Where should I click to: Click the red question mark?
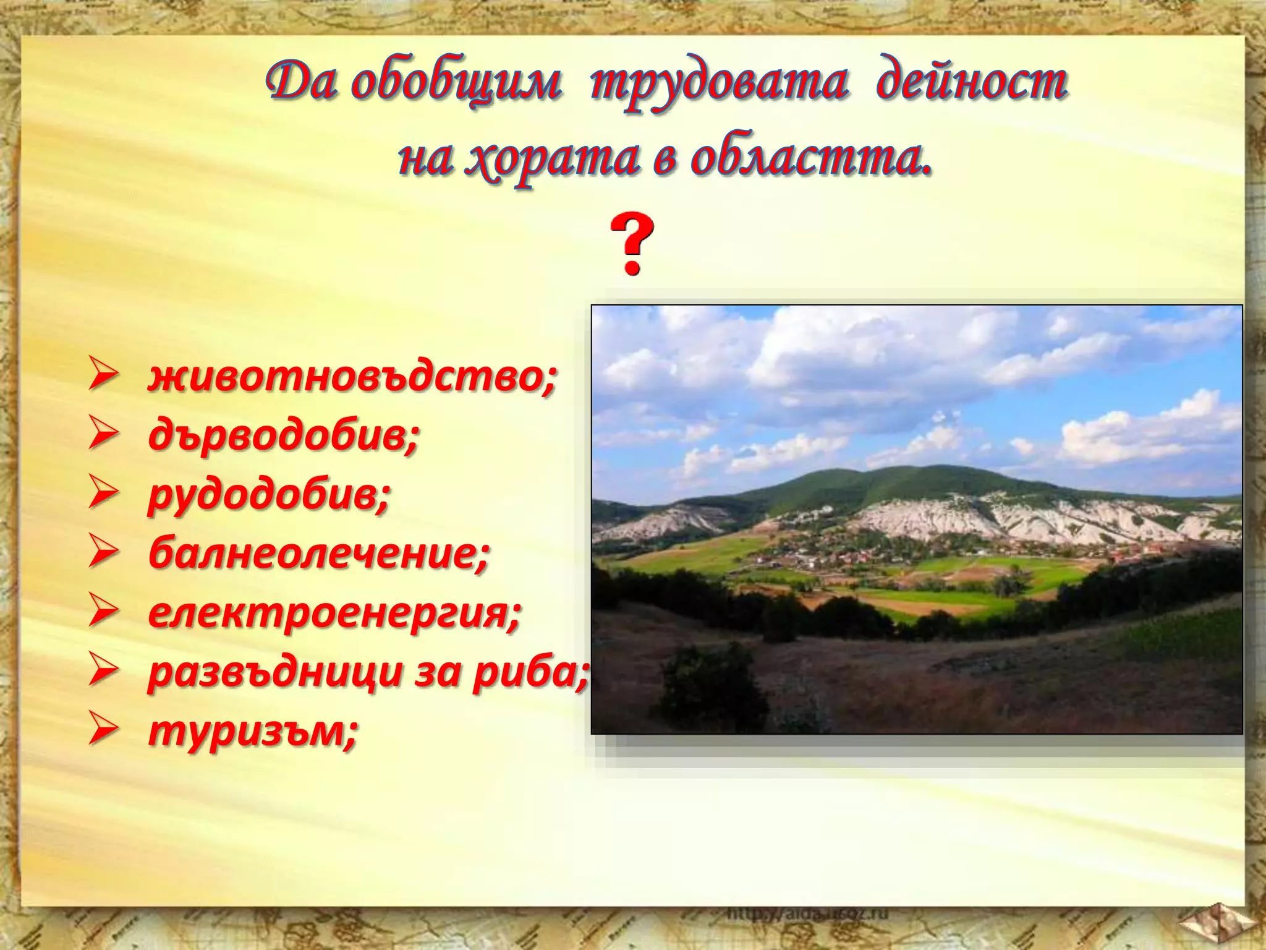click(631, 244)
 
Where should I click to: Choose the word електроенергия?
click(334, 613)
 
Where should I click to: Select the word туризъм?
click(252, 731)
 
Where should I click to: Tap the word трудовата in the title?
click(718, 84)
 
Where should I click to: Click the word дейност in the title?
click(971, 84)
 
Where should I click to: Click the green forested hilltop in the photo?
click(915, 482)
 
